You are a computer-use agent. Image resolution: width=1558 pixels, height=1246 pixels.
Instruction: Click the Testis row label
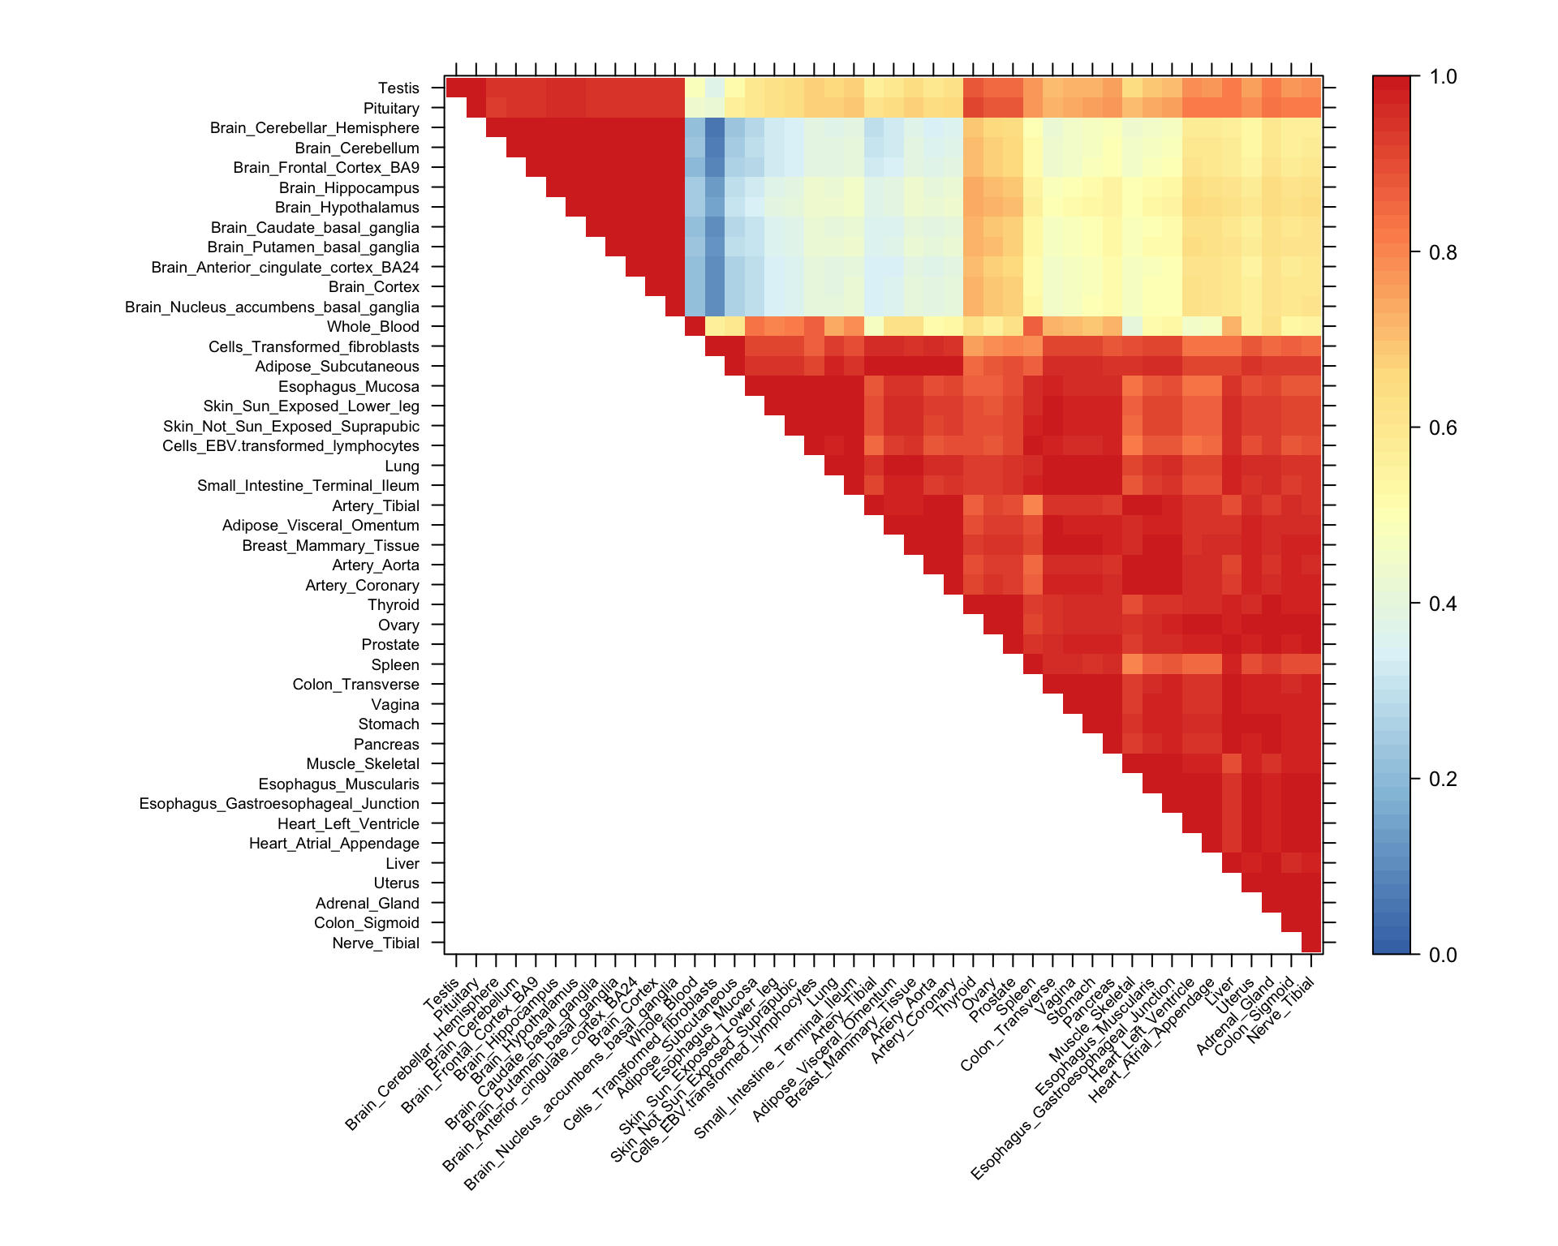(398, 88)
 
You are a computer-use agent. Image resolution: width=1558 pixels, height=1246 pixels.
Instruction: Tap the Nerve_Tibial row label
(376, 943)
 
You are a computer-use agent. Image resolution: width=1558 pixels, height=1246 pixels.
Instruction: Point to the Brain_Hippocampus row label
(349, 188)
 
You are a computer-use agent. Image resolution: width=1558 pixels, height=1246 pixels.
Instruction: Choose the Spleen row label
(395, 665)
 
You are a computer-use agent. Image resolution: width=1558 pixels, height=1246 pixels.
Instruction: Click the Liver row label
(402, 864)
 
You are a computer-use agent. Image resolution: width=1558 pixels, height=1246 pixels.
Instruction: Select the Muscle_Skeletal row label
(363, 764)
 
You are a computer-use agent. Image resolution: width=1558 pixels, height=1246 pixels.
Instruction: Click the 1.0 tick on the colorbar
(1444, 77)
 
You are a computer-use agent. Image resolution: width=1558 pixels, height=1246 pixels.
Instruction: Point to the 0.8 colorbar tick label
(1444, 253)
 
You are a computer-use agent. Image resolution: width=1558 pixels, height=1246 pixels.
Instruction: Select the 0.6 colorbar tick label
(1444, 428)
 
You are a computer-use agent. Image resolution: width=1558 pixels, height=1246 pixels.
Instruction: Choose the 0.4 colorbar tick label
(1444, 604)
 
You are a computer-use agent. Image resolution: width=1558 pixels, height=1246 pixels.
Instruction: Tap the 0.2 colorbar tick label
(1444, 780)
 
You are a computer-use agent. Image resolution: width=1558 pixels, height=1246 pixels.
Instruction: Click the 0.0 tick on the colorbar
(1444, 955)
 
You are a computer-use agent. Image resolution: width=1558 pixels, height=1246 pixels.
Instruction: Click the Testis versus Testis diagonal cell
(455, 88)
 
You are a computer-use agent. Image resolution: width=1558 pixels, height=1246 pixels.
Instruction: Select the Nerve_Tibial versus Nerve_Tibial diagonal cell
(1311, 943)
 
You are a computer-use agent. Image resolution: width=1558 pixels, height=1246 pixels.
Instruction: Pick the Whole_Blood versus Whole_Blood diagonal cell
(695, 326)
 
